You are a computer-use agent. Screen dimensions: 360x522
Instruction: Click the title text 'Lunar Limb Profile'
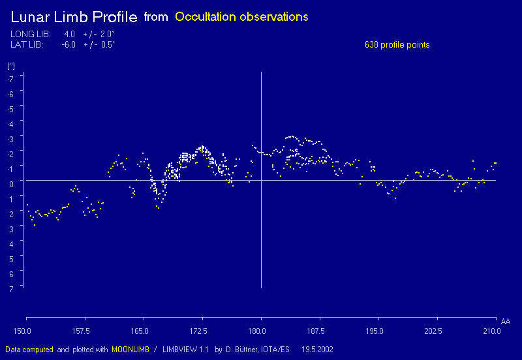(x=74, y=17)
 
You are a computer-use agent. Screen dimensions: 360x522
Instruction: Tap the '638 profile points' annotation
(x=397, y=45)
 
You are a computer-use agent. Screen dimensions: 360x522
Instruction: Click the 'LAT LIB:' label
(x=27, y=45)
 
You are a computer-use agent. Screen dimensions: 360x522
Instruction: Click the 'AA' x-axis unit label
(x=505, y=322)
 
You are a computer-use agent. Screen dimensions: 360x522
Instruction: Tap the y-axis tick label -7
(x=10, y=79)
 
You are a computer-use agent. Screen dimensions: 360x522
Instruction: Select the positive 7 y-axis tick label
(x=10, y=287)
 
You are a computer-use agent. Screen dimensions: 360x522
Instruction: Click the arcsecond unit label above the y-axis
(x=10, y=66)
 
